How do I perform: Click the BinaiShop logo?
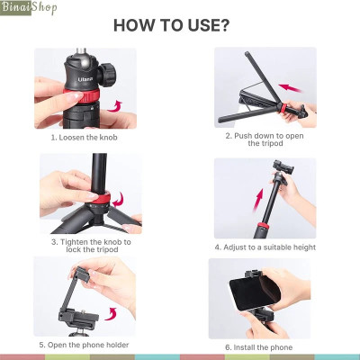(x=30, y=10)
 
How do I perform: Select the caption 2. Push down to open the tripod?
(x=265, y=141)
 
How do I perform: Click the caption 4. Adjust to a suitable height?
(x=265, y=246)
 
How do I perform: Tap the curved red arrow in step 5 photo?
(x=112, y=312)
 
